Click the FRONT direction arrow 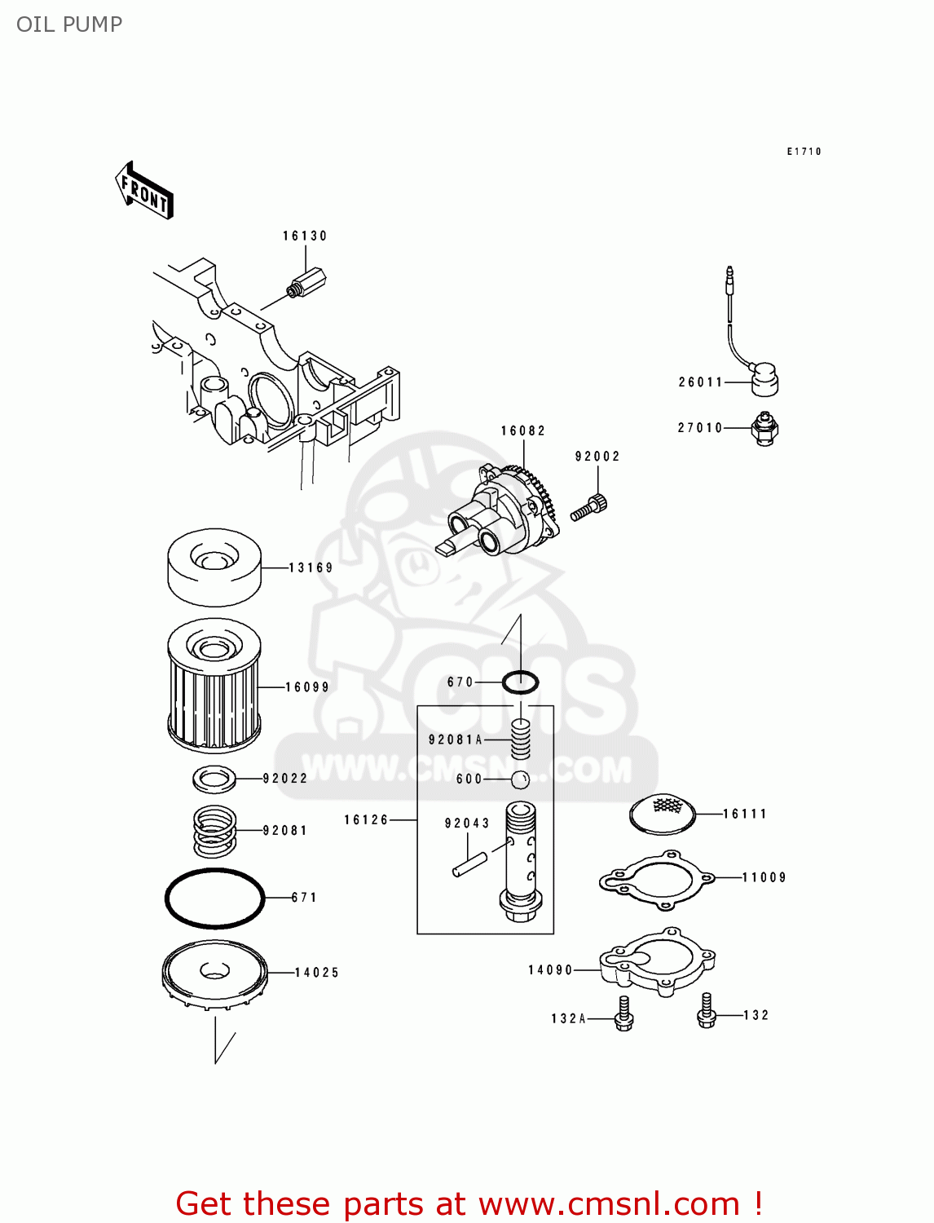coord(144,191)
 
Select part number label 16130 coord(305,236)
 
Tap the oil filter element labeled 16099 coord(214,686)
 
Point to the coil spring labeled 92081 coord(214,830)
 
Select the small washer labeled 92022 coord(214,779)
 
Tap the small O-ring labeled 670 coord(520,682)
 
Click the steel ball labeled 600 coord(520,779)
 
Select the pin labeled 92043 coord(469,864)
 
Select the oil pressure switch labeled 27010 coord(764,428)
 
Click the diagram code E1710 coord(804,152)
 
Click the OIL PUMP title coord(69,24)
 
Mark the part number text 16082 coord(522,430)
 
